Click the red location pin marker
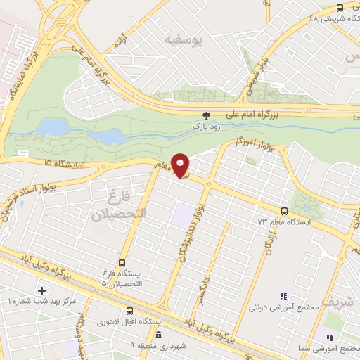click(181, 167)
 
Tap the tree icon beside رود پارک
click(206, 115)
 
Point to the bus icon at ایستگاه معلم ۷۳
click(284, 211)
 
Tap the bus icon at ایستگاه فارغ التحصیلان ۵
click(122, 263)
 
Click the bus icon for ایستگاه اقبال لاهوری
click(129, 311)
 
